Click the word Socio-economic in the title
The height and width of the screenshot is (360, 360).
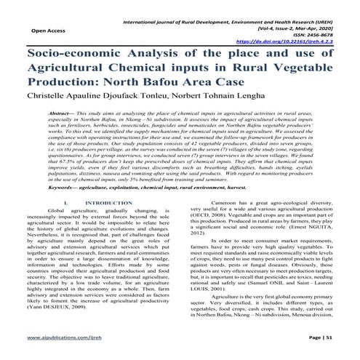point(73,56)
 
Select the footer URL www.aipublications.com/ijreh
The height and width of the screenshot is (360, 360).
point(64,340)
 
